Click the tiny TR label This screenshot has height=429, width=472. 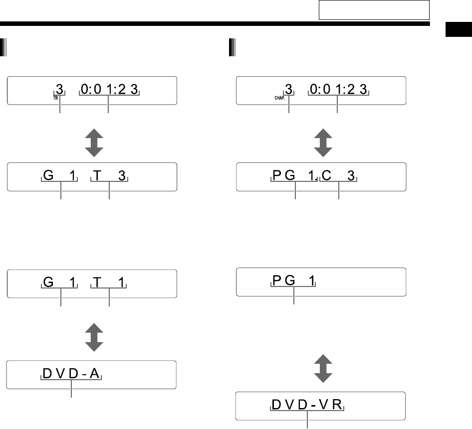tap(56, 98)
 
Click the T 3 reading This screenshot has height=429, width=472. tap(109, 176)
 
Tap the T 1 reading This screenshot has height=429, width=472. tap(109, 283)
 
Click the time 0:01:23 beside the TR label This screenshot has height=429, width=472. tap(109, 90)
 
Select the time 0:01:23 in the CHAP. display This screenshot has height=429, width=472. tap(339, 90)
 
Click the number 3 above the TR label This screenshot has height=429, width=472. tap(60, 90)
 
